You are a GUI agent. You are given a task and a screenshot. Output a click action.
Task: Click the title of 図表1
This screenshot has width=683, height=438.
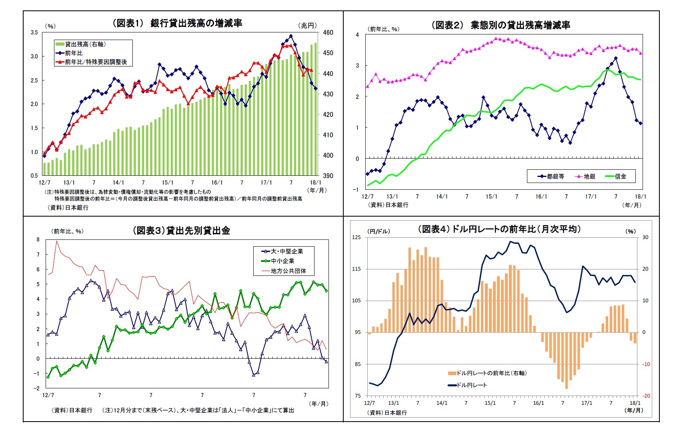pos(177,23)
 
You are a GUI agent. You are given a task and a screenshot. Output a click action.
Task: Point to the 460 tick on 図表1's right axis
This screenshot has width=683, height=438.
pos(328,32)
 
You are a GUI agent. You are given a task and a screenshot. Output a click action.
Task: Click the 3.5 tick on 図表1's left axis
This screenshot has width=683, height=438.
pos(34,32)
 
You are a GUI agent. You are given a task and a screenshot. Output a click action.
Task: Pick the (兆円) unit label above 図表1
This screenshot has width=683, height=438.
pos(307,26)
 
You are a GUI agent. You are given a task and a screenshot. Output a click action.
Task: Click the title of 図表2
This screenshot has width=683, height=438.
pos(501,25)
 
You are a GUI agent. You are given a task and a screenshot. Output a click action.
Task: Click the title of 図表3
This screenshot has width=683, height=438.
pos(181,231)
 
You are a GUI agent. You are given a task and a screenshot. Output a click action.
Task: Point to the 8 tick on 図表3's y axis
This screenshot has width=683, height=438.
pos(38,239)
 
